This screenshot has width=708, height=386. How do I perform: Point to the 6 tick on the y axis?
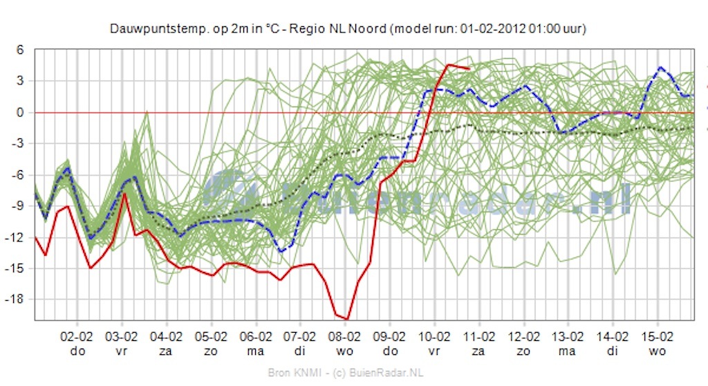point(21,50)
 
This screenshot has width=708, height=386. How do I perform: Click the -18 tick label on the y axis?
point(17,299)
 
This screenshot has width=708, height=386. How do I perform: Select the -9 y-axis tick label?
point(19,205)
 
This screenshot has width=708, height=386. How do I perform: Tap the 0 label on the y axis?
point(21,112)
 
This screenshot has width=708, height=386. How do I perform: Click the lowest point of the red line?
point(347,319)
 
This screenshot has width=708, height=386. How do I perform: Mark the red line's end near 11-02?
point(469,69)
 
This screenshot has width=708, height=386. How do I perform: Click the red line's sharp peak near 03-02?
point(124,194)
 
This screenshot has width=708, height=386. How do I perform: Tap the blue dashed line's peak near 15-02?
point(660,67)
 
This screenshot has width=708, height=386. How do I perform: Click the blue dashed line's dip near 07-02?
point(282,251)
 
